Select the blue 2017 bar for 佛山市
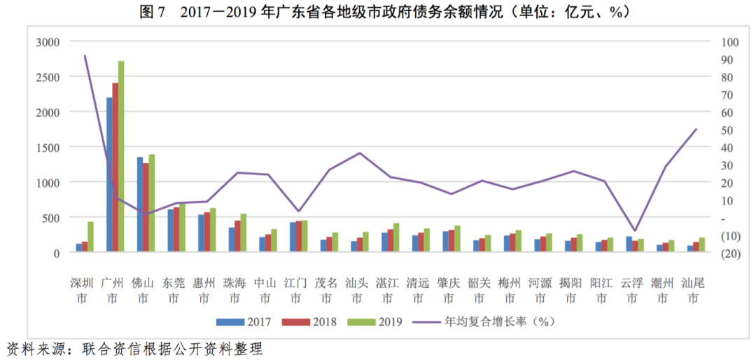140,203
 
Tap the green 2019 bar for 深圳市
90,236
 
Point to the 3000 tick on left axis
50,42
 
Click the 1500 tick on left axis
50,147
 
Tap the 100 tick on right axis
730,42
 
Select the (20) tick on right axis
730,253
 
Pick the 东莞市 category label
174,291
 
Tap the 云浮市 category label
633,291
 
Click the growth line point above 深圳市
85,55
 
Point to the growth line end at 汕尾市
696,129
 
